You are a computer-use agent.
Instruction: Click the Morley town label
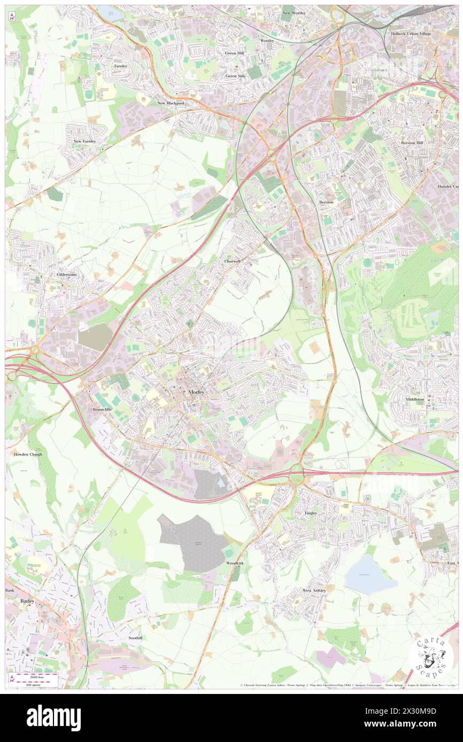(x=196, y=392)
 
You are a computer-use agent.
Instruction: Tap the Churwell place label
(x=233, y=262)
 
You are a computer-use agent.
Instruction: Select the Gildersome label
(x=67, y=274)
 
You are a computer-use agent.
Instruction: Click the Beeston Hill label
(x=411, y=143)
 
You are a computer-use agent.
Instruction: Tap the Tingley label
(x=311, y=513)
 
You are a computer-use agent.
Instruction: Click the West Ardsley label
(x=314, y=590)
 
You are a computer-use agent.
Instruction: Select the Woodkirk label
(x=235, y=563)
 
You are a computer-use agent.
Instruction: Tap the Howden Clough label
(x=28, y=454)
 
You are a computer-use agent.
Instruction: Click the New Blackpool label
(x=171, y=102)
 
